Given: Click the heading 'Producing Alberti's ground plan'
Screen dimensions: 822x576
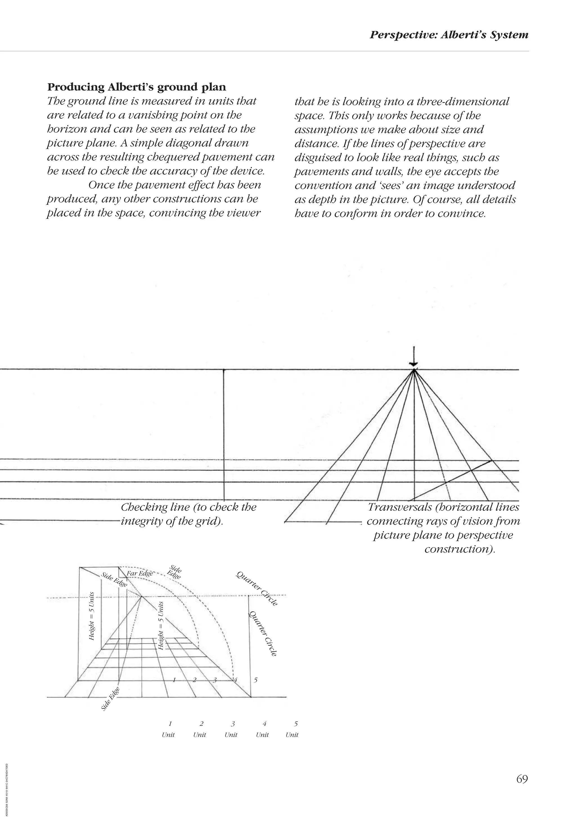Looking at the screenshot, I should click(x=136, y=87).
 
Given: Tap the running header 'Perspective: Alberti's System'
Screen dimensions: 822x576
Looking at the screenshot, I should click(x=449, y=35).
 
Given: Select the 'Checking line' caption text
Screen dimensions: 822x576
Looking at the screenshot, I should click(x=188, y=513).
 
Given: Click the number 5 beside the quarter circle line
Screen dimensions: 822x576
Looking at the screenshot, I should click(x=255, y=680).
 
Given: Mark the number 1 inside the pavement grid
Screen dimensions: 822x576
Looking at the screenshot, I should click(x=174, y=679).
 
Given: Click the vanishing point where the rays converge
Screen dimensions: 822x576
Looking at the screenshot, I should click(x=414, y=370).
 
